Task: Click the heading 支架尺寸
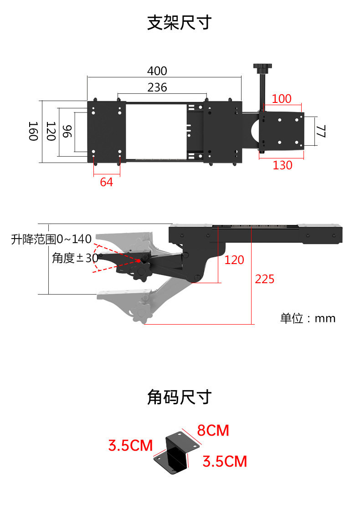180,22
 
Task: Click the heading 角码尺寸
180,397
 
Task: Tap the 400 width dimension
157,71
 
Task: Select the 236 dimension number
157,87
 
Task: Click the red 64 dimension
106,182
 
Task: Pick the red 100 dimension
282,99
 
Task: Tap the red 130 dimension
283,165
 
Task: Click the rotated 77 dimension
320,132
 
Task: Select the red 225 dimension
265,279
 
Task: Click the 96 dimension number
67,132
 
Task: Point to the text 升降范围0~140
51,239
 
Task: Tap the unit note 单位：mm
308,318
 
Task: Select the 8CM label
213,430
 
